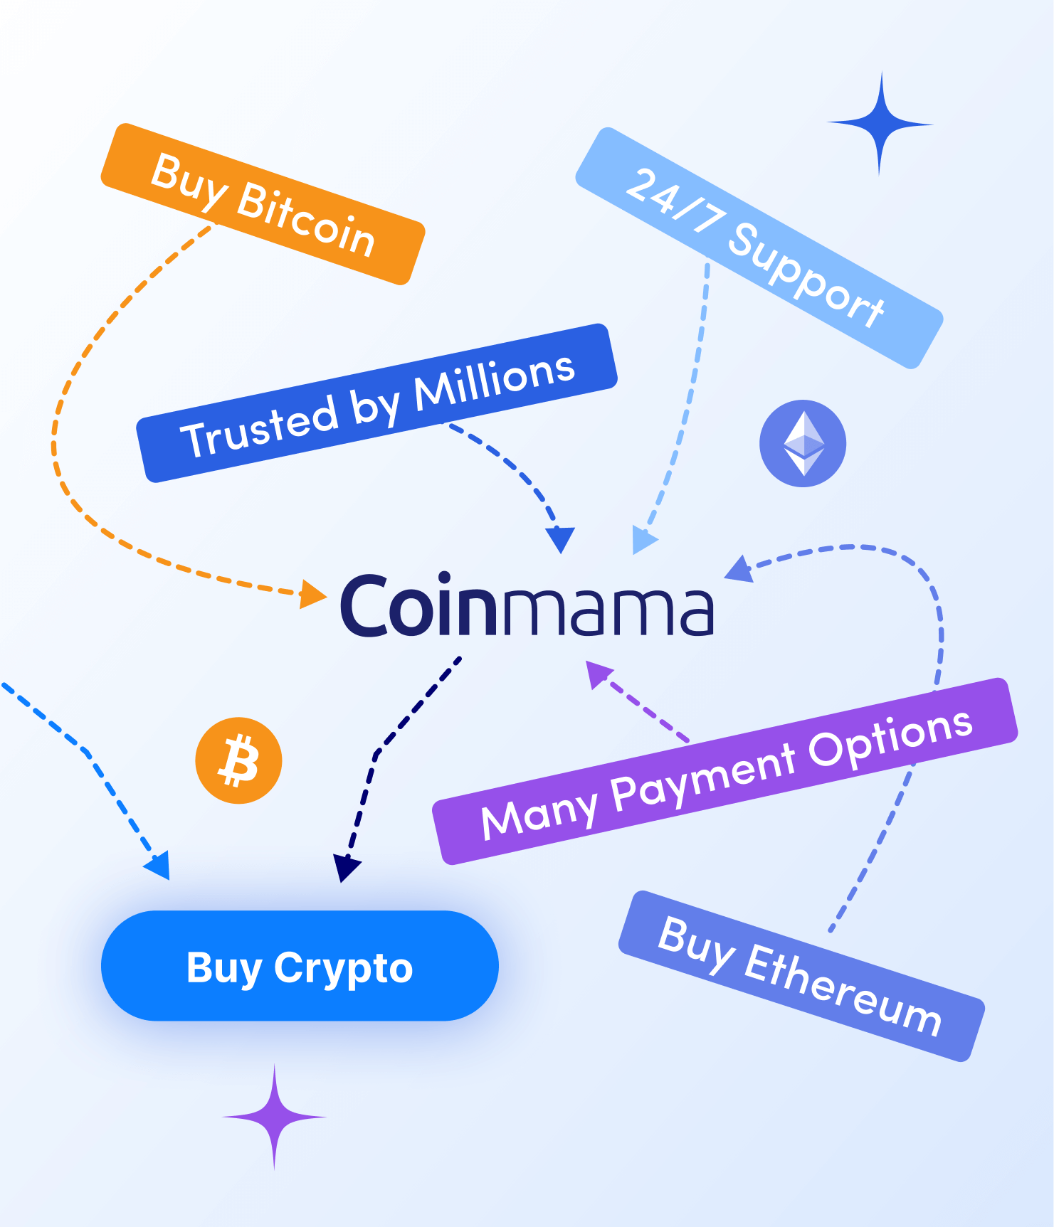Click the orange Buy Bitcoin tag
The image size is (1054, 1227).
pyautogui.click(x=263, y=204)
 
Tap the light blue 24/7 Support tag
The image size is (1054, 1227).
pyautogui.click(x=759, y=248)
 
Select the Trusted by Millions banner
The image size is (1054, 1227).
pyautogui.click(x=376, y=403)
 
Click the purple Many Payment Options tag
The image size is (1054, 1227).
pyautogui.click(x=725, y=771)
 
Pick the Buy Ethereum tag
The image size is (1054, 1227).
pyautogui.click(x=801, y=976)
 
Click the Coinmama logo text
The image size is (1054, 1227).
pyautogui.click(x=527, y=606)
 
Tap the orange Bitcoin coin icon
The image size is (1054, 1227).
pyautogui.click(x=238, y=760)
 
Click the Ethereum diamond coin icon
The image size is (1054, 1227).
pyautogui.click(x=803, y=443)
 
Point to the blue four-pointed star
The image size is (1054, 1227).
pyautogui.click(x=880, y=124)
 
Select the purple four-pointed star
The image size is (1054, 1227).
pyautogui.click(x=275, y=1117)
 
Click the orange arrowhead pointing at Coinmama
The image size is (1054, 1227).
pyautogui.click(x=311, y=594)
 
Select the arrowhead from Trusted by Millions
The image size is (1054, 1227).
pyautogui.click(x=561, y=539)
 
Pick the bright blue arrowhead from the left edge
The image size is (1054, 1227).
pyautogui.click(x=159, y=865)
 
